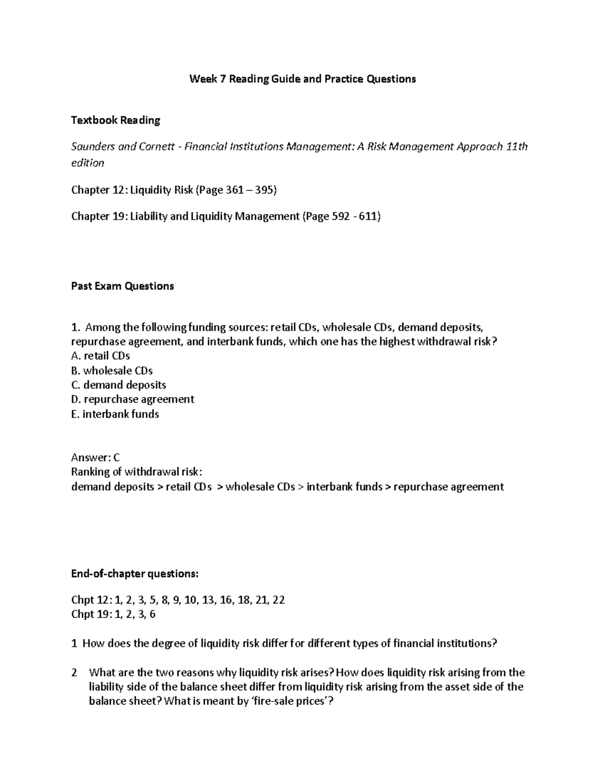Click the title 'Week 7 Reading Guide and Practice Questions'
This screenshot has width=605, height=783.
302,79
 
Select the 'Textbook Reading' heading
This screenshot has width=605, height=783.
115,121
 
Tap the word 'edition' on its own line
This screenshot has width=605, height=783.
88,163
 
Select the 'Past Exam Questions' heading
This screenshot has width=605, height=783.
123,286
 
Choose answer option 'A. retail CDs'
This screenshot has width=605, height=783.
101,356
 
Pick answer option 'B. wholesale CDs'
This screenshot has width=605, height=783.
112,371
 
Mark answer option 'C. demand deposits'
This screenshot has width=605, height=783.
118,385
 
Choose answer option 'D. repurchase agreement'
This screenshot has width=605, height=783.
133,399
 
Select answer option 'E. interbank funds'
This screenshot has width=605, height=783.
115,414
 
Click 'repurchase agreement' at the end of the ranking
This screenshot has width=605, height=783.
448,487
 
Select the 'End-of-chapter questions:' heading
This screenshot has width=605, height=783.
135,574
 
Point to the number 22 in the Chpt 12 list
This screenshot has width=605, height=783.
278,600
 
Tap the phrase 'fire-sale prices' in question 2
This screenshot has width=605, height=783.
289,701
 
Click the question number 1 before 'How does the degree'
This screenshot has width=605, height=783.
74,643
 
